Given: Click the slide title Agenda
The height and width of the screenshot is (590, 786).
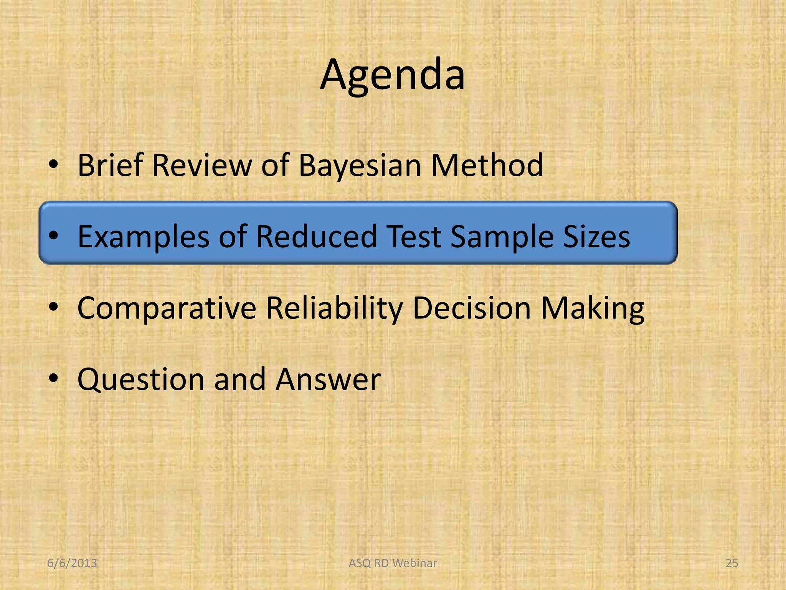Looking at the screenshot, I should point(393,75).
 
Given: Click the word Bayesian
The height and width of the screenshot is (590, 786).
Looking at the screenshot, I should point(360,165).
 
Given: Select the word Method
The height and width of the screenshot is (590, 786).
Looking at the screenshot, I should point(487,165).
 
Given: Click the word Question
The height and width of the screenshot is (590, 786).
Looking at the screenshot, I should point(141,380).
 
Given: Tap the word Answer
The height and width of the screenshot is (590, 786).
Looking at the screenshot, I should point(328,380).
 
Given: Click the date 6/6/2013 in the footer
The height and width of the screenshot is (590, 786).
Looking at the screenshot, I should point(72,563).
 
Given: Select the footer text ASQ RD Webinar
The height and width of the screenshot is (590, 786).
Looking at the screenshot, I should point(393,563).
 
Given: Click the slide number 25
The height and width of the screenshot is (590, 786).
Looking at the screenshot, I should point(732,563).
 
